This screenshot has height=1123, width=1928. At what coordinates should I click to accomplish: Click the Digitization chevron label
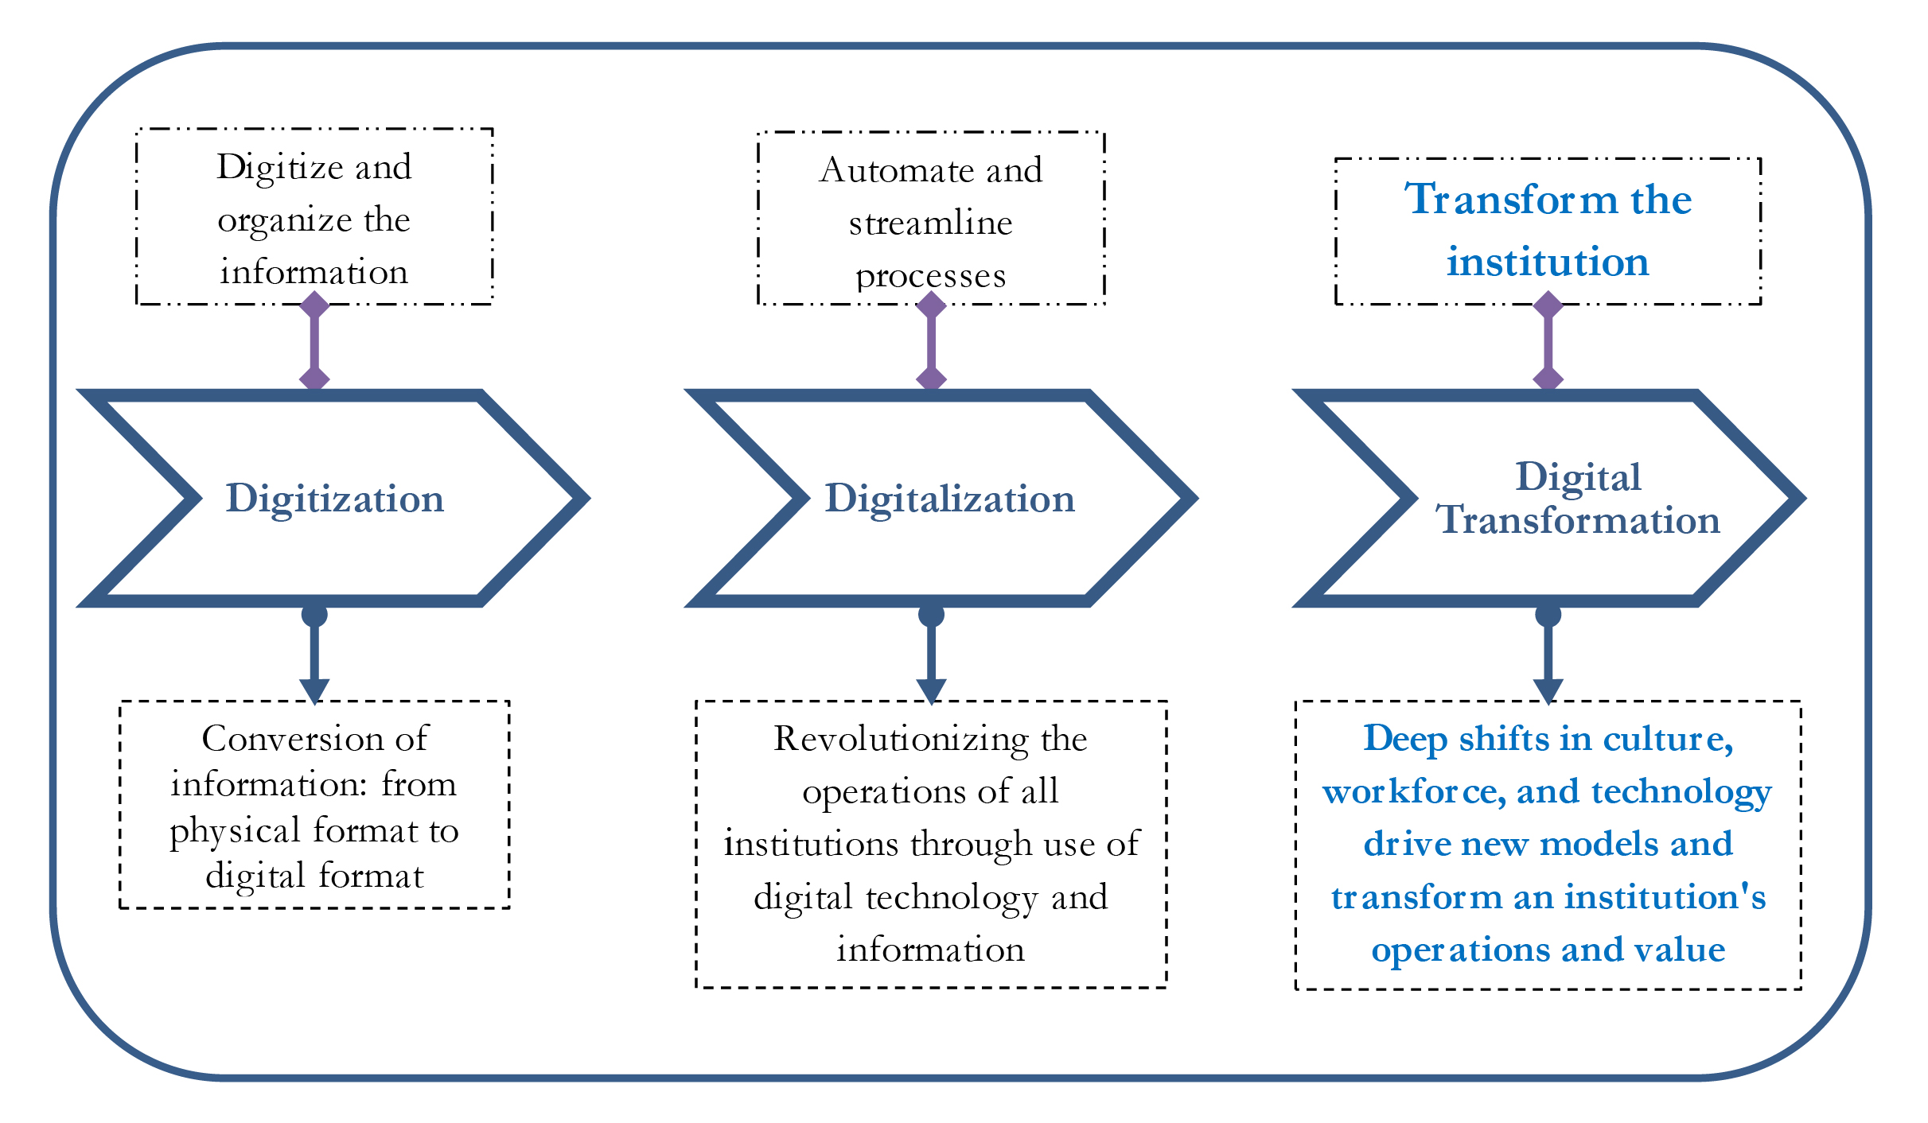coord(334,499)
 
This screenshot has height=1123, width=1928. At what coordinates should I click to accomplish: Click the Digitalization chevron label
coord(949,499)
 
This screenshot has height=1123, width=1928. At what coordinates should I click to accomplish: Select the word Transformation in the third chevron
coord(1578,520)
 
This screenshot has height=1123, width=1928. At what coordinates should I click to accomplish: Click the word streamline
coord(930,223)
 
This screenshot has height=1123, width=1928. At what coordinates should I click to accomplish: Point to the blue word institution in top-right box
coord(1547,262)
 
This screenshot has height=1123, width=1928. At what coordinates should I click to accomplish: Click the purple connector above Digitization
coord(314,340)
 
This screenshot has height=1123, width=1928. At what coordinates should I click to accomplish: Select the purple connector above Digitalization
coord(931,340)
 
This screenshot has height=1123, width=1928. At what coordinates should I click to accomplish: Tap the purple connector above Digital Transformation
coord(1548,340)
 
